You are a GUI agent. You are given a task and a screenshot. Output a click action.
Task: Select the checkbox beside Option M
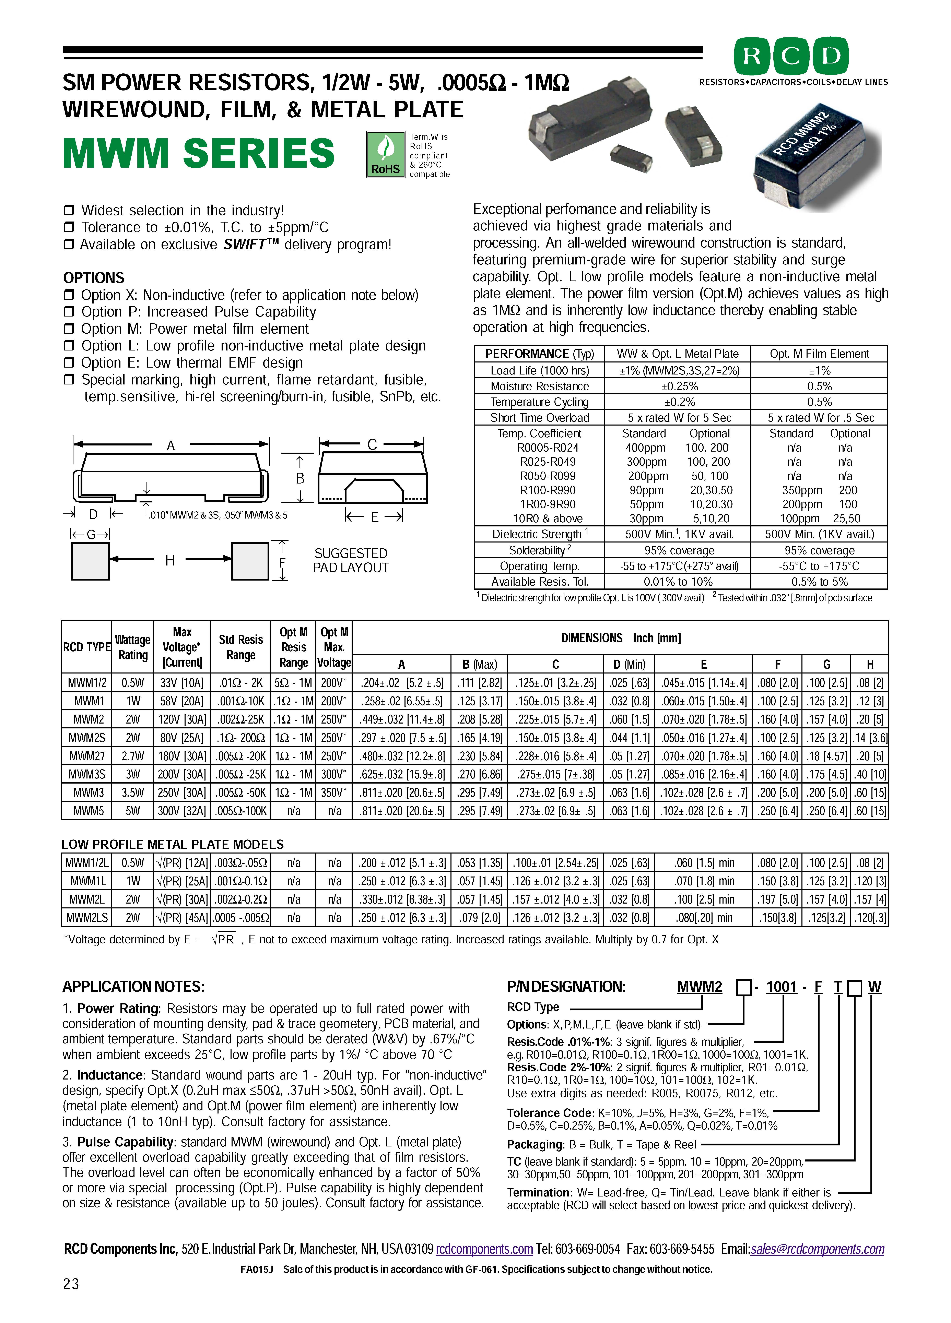pos(69,329)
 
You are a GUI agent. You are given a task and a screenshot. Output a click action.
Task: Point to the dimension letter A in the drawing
pos(171,446)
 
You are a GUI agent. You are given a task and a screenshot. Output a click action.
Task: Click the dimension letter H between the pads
pos(170,561)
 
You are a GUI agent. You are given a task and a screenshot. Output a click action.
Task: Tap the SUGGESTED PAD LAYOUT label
pos(351,561)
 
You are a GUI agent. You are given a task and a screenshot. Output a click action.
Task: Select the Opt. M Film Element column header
pos(819,354)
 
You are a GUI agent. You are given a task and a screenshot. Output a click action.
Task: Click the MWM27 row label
pos(86,756)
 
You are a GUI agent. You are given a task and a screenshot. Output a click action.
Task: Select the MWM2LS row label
pos(86,918)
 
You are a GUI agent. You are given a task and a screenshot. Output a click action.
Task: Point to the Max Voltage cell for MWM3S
pos(181,774)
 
